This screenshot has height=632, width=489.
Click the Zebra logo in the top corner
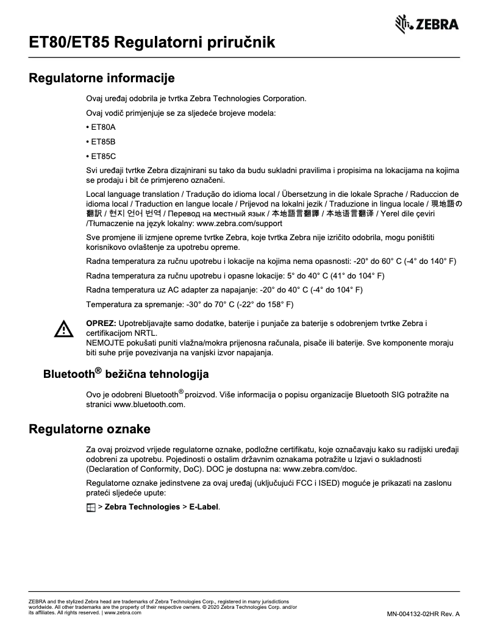[x=427, y=24]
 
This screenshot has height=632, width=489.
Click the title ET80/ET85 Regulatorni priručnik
[x=152, y=42]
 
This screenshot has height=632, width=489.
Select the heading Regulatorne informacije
[x=102, y=78]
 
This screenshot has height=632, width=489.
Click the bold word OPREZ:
[x=101, y=322]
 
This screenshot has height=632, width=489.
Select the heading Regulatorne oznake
[x=90, y=430]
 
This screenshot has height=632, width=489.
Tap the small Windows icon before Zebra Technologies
[x=91, y=507]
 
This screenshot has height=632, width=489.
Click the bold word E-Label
[x=204, y=507]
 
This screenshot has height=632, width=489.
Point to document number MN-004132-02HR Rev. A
[x=423, y=613]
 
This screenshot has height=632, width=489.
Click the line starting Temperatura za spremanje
[x=190, y=304]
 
